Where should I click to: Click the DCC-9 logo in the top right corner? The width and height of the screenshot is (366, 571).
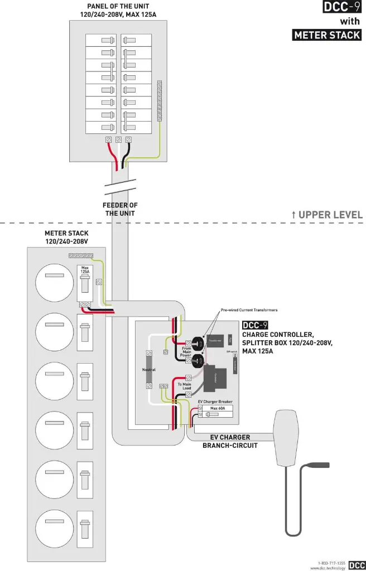point(342,7)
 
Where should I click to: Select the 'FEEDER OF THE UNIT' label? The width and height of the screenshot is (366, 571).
point(120,209)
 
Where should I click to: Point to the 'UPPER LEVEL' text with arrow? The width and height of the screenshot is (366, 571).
point(327,215)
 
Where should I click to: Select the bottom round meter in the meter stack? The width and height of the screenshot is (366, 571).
point(54,529)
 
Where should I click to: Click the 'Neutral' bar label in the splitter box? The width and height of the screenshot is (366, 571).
point(141,370)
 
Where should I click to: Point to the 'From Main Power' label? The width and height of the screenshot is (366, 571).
point(186,351)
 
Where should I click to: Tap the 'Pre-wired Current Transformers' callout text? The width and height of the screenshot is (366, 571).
point(249,309)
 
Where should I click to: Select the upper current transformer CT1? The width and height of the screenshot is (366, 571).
point(197,341)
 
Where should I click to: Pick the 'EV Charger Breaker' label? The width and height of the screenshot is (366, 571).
point(215,401)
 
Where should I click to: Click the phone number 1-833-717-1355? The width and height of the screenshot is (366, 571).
point(331,562)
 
